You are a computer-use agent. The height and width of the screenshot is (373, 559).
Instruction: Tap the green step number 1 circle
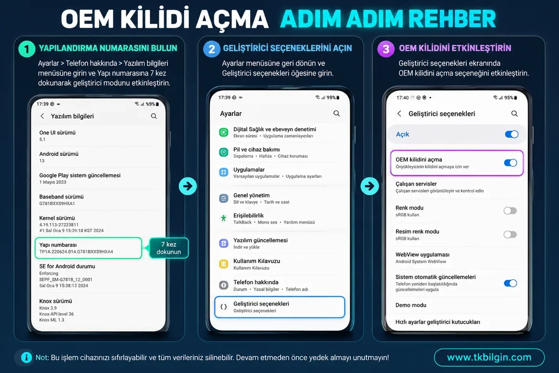tap(27, 49)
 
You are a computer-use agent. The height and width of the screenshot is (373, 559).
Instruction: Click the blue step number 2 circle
tap(211, 49)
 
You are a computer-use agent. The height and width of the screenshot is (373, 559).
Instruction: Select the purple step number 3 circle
tap(386, 49)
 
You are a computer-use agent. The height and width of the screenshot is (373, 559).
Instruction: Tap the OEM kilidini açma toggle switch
tap(511, 163)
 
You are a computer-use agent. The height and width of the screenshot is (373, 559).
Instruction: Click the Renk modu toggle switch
tap(510, 210)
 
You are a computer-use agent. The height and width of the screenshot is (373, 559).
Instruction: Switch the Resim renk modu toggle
tap(510, 234)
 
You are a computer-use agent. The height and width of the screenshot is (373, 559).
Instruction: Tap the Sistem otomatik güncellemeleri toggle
tap(511, 283)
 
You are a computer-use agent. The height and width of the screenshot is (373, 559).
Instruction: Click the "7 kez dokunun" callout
tap(169, 248)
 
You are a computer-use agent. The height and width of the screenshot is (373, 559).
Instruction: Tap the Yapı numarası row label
tap(58, 245)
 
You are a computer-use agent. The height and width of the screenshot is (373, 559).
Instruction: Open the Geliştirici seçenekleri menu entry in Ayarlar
tap(280, 307)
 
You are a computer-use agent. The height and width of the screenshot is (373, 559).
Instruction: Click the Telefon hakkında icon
tap(223, 285)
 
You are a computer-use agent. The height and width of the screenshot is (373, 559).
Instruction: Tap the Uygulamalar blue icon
tap(223, 172)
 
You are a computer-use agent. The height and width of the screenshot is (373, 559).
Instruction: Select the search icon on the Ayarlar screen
tap(336, 113)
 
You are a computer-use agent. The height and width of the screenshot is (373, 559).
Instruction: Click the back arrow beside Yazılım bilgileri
tap(43, 116)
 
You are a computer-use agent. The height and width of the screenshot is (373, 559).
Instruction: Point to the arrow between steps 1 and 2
tap(188, 186)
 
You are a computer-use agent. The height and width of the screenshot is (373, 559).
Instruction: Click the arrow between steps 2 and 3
tap(370, 186)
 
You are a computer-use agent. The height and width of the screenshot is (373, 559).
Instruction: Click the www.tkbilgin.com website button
tap(489, 357)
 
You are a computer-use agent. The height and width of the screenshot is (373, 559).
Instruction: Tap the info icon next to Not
tap(26, 357)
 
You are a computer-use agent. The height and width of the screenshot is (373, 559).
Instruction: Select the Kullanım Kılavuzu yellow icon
tap(223, 264)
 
